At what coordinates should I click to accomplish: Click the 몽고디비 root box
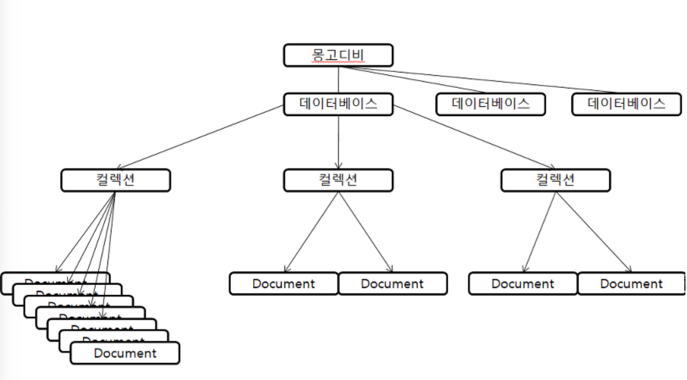tap(338, 55)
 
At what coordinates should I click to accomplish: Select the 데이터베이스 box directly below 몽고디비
tap(338, 104)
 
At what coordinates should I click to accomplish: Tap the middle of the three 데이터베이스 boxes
tap(490, 104)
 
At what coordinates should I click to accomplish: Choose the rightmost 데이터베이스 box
tap(626, 104)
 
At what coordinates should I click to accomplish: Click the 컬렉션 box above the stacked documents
tap(116, 180)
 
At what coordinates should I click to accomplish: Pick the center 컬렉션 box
tap(338, 180)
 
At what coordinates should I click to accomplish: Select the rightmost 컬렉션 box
tap(555, 180)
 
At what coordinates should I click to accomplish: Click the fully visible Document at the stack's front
tap(125, 353)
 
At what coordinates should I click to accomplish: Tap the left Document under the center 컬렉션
tap(283, 284)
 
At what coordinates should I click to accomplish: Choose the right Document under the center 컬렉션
tap(392, 284)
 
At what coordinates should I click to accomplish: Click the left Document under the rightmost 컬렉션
tap(523, 284)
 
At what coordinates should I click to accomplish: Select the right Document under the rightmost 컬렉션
tap(631, 284)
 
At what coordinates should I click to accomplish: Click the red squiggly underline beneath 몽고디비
tap(338, 62)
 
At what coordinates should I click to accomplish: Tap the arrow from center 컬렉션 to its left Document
tap(311, 232)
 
